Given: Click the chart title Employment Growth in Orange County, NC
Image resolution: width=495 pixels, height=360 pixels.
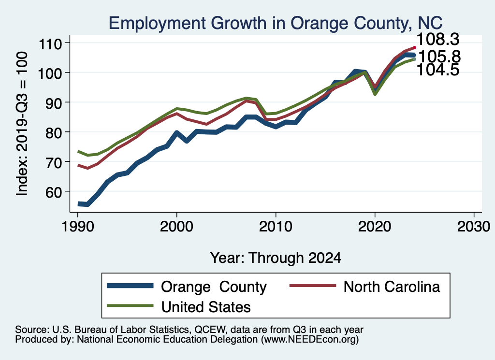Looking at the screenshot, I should (276, 23).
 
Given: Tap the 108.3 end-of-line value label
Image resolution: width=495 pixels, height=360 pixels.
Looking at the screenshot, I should (437, 39).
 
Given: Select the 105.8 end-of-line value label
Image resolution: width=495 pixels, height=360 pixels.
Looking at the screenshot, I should (439, 57).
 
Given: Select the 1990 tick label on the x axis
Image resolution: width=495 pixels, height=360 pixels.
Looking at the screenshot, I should (78, 227).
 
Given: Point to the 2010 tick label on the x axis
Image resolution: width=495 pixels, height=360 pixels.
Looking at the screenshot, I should (276, 227).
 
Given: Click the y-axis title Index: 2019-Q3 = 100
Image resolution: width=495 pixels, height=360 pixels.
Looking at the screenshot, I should (22, 124).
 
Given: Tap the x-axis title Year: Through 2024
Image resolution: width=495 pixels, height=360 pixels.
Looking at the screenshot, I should (276, 258).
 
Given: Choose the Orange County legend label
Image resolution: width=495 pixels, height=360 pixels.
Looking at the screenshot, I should (214, 287).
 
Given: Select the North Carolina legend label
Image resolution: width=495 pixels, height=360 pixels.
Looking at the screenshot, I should (392, 287).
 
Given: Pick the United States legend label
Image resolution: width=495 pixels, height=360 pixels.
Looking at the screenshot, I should (206, 307).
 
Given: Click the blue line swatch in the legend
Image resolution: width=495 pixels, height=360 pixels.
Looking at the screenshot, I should (131, 287).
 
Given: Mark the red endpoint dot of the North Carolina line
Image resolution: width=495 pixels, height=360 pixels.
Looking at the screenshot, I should (415, 47).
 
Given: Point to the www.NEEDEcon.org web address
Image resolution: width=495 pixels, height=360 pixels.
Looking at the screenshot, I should (309, 340).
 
